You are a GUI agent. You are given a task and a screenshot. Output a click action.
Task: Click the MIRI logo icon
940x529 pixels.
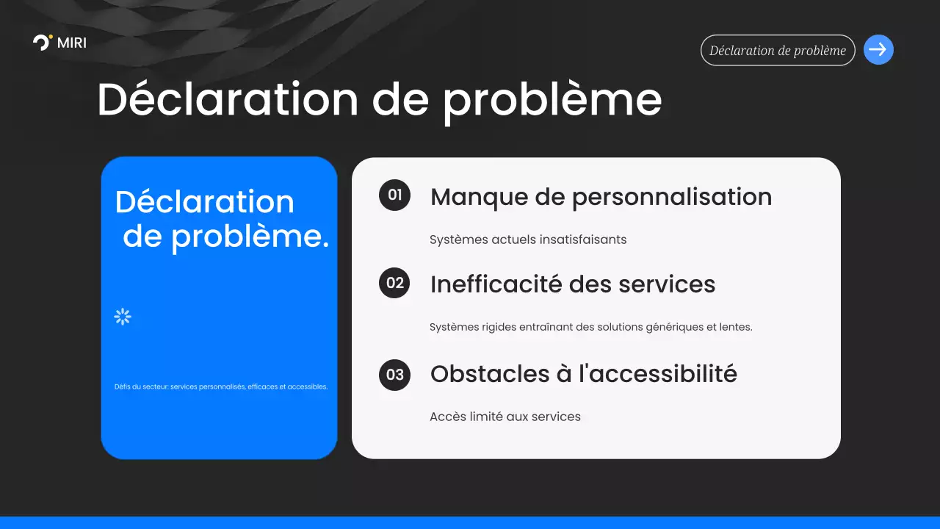click(43, 43)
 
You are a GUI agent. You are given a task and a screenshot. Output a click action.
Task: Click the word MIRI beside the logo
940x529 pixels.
click(71, 43)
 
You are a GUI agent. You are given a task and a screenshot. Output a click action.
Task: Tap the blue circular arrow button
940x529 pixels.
click(878, 50)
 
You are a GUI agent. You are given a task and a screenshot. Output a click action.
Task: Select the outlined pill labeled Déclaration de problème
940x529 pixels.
click(778, 51)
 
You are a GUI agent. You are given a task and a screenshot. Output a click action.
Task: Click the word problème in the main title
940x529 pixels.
click(552, 100)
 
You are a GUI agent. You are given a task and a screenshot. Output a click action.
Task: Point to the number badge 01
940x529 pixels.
click(394, 195)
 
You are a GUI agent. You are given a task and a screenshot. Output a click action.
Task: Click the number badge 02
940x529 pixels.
click(394, 283)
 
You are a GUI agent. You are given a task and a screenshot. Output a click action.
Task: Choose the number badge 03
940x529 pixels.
click(394, 375)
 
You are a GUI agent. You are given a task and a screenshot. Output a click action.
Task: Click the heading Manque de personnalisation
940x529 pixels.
click(601, 197)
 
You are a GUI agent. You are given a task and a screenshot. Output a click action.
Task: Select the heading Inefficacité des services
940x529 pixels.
click(572, 284)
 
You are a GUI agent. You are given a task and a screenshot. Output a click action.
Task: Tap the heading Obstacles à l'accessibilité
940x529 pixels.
click(583, 374)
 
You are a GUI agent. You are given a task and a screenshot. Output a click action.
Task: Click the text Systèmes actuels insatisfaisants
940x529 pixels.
click(527, 240)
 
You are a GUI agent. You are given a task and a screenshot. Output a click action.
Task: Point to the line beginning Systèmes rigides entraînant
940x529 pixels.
click(590, 327)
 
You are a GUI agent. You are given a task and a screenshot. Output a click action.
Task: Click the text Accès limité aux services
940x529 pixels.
click(505, 417)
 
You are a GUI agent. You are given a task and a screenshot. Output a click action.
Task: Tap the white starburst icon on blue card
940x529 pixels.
click(123, 317)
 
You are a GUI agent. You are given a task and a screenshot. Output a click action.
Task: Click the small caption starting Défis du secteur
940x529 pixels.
click(220, 386)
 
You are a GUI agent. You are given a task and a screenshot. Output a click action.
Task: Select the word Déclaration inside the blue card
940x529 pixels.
click(204, 202)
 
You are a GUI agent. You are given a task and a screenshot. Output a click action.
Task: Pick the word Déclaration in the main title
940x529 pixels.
click(228, 100)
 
